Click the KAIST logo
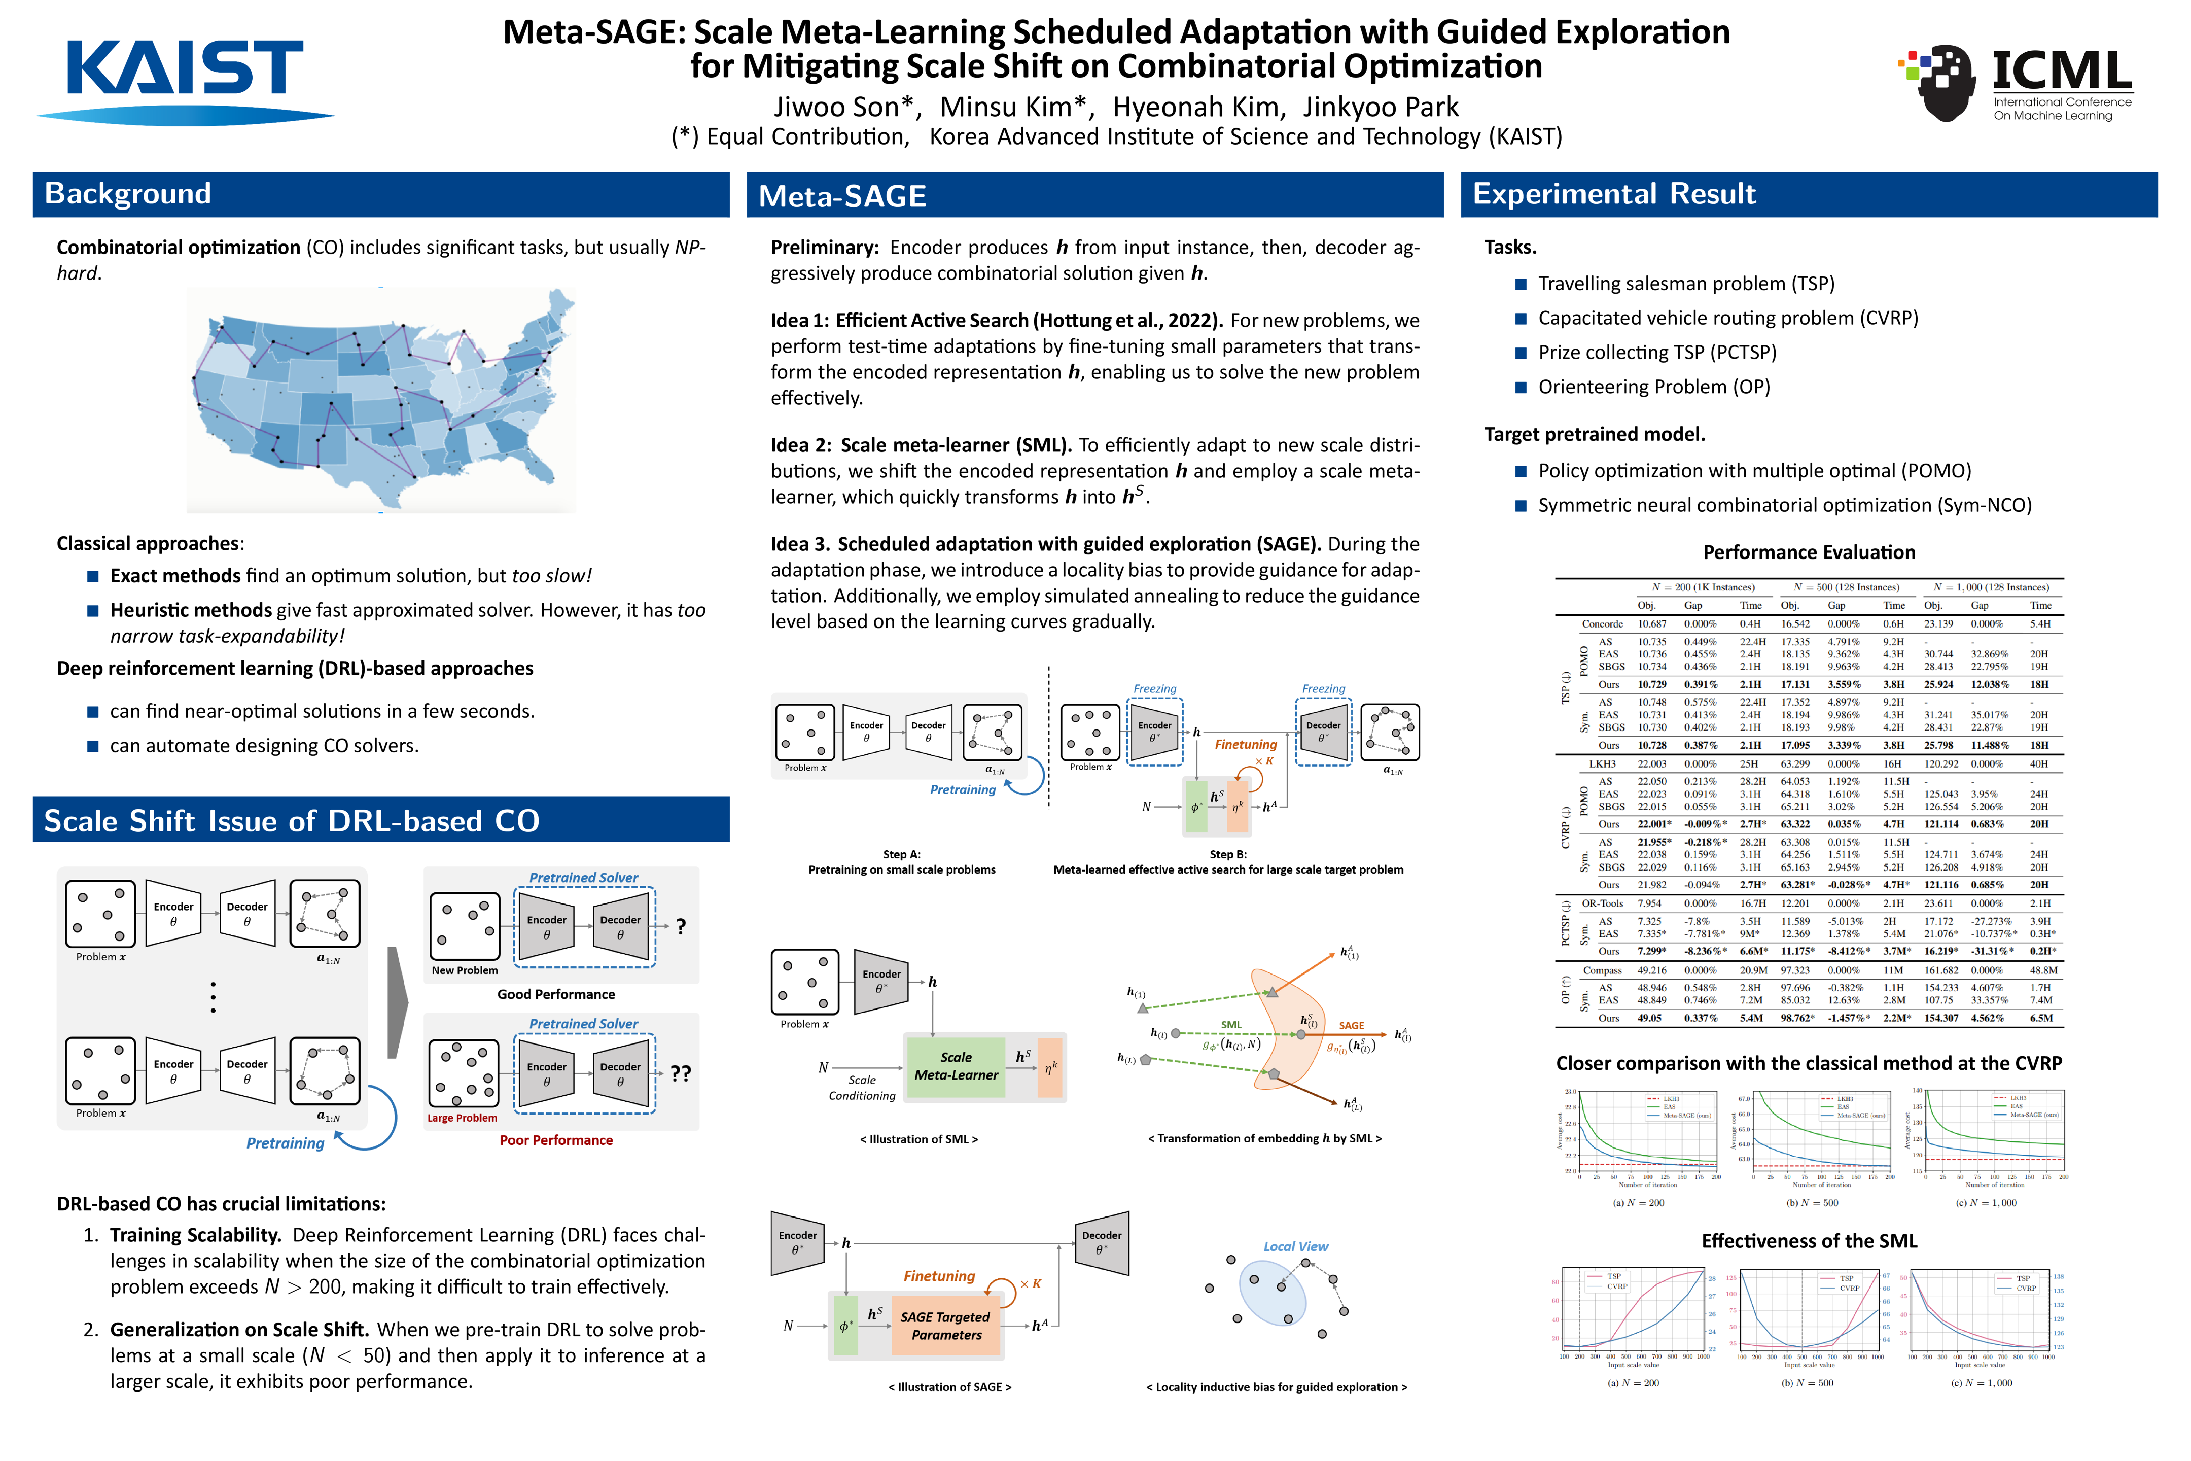click(x=185, y=79)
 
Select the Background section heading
click(x=128, y=194)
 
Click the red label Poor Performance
click(x=556, y=1140)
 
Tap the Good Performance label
click(x=556, y=994)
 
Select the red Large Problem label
click(x=462, y=1118)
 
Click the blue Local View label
click(x=1295, y=1247)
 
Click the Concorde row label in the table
click(x=1602, y=624)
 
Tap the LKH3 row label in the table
click(x=1602, y=764)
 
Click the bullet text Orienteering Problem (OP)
click(x=1653, y=387)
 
